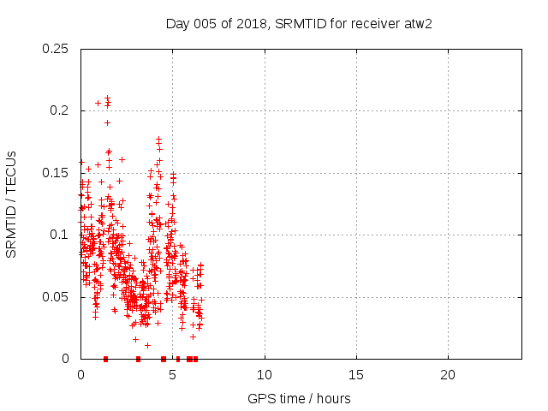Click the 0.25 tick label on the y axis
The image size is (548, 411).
[x=57, y=49]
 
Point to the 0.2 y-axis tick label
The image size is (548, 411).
[x=60, y=110]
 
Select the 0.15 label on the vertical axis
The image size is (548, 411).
[x=57, y=173]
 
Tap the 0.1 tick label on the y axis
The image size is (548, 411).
[x=60, y=235]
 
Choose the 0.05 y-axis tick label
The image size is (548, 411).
[x=57, y=297]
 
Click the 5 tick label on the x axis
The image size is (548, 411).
[x=172, y=375]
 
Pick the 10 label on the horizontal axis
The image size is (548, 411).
[x=265, y=375]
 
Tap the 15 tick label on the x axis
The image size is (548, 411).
[x=356, y=375]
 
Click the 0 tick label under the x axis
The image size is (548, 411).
[x=80, y=375]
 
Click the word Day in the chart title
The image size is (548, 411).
[x=176, y=23]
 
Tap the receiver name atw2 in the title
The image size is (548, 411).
[x=417, y=23]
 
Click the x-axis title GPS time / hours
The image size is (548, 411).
[x=299, y=398]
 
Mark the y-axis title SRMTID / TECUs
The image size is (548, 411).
[x=12, y=204]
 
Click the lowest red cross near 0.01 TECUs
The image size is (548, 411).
[x=147, y=345]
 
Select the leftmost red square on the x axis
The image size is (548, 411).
[x=105, y=359]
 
